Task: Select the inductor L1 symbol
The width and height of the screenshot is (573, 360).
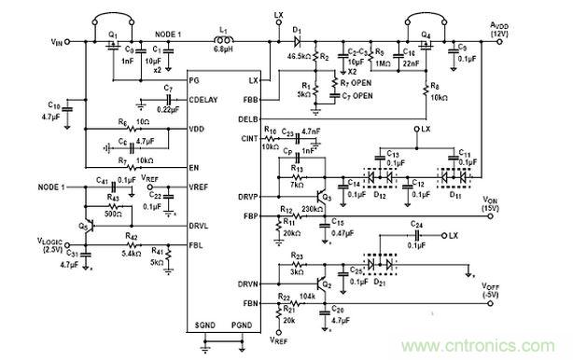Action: pos(227,42)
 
